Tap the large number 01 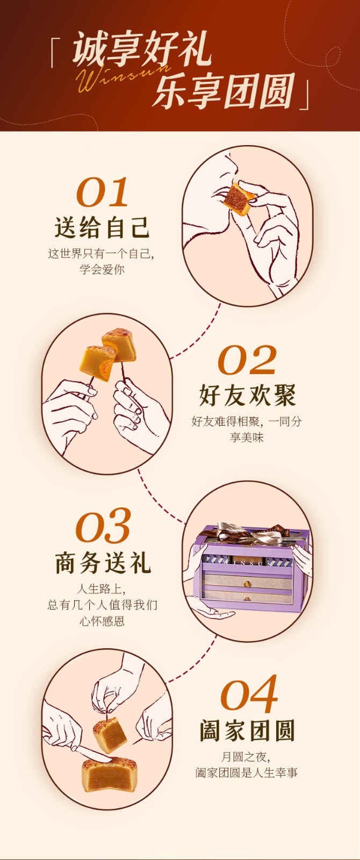tap(102, 192)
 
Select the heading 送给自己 tap(102, 227)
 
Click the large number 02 tap(247, 360)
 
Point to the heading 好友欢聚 tap(247, 395)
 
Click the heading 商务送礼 tap(103, 563)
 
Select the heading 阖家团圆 tap(247, 730)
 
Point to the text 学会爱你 tap(102, 269)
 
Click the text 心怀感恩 tap(102, 621)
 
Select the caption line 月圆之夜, tap(245, 757)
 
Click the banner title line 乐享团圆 tap(225, 91)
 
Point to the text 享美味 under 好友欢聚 tap(247, 438)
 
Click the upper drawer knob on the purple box tap(247, 583)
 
